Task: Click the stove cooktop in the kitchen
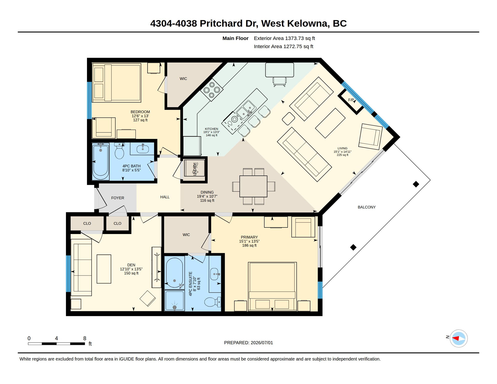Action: pyautogui.click(x=212, y=90)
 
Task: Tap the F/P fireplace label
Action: pyautogui.click(x=351, y=100)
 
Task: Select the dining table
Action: pyautogui.click(x=253, y=186)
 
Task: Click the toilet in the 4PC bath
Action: pyautogui.click(x=119, y=151)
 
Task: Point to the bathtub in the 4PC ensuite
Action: pyautogui.click(x=174, y=272)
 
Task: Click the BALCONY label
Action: pyautogui.click(x=366, y=207)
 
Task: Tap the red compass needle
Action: pyautogui.click(x=456, y=338)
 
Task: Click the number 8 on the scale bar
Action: pyautogui.click(x=85, y=338)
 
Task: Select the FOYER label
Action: pyautogui.click(x=117, y=198)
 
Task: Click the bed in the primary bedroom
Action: pyautogui.click(x=272, y=286)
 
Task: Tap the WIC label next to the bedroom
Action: pyautogui.click(x=183, y=78)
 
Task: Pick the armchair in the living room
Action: pyautogui.click(x=370, y=137)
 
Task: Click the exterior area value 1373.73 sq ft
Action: pyautogui.click(x=300, y=38)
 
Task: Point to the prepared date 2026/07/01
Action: pyautogui.click(x=262, y=343)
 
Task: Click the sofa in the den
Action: pyautogui.click(x=81, y=267)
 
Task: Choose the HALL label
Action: pyautogui.click(x=165, y=197)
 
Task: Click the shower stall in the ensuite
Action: pyautogui.click(x=174, y=300)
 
